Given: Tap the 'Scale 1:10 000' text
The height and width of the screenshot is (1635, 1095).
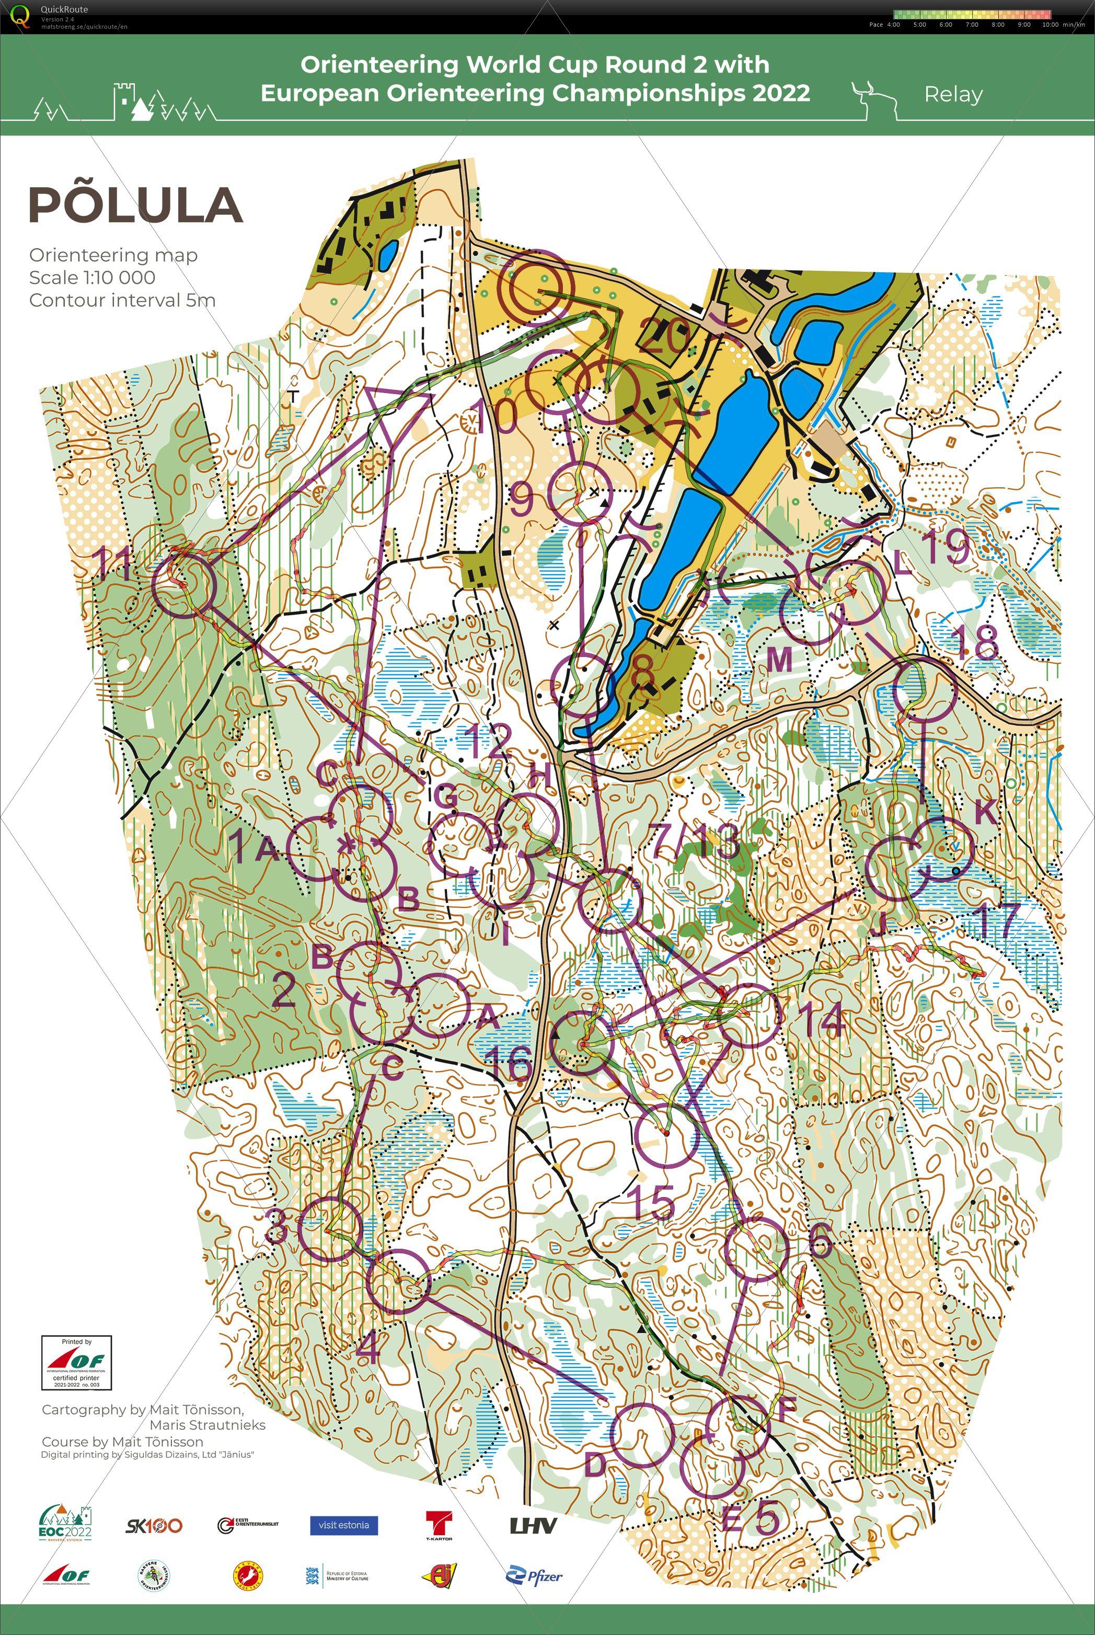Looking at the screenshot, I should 92,277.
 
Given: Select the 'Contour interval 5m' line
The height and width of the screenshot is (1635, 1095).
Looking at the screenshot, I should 122,301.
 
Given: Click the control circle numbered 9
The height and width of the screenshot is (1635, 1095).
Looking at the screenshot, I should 580,494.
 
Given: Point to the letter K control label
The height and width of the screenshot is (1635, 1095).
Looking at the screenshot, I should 985,812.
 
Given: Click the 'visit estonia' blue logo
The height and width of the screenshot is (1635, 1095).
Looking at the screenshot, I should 343,1525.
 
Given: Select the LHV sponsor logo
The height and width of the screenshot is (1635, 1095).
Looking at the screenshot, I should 533,1525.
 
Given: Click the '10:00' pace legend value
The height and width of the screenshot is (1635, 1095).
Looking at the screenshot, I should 1050,25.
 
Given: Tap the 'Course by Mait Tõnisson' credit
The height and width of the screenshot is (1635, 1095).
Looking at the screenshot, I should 122,1442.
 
